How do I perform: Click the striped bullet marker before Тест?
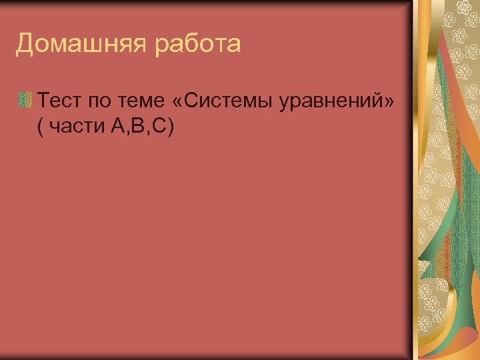(25, 101)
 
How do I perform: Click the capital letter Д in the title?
(25, 45)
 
